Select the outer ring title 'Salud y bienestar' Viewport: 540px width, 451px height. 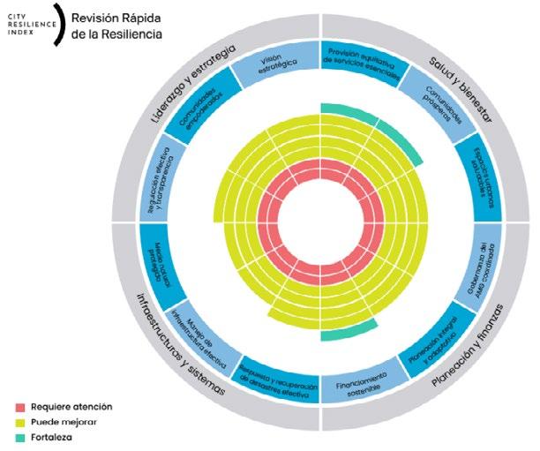pyautogui.click(x=463, y=74)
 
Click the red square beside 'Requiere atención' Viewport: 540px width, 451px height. pyautogui.click(x=19, y=407)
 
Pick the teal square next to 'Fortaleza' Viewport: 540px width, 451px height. pyautogui.click(x=19, y=437)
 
